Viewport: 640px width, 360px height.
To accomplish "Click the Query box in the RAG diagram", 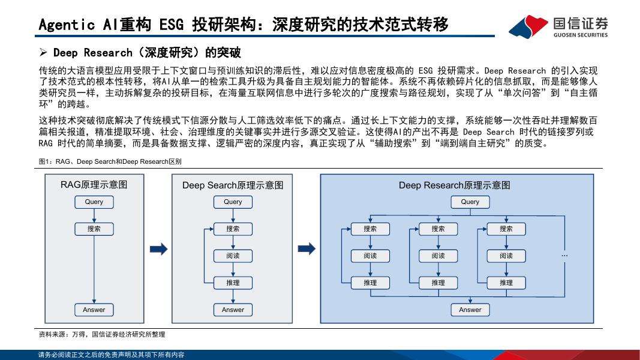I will (94, 202).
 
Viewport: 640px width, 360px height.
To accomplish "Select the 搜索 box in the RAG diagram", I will (94, 229).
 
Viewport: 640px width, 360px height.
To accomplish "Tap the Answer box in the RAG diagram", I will (94, 310).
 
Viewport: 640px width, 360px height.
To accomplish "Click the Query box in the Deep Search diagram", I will (233, 202).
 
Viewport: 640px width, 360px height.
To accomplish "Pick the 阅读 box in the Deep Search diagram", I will (233, 256).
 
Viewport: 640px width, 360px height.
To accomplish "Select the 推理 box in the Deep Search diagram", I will (233, 283).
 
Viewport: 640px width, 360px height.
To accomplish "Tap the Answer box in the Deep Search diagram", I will (233, 310).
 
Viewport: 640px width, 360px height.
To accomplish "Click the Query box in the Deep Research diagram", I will (470, 202).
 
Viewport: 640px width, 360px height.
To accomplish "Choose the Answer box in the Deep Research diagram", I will (470, 310).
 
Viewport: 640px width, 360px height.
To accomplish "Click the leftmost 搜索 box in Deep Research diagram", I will (370, 229).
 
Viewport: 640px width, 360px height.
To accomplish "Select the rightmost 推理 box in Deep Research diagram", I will (506, 283).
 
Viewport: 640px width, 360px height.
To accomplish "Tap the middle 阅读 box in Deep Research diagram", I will (438, 256).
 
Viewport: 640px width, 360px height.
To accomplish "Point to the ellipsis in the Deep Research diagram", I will (564, 256).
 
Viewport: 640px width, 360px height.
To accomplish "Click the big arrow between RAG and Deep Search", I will (159, 248).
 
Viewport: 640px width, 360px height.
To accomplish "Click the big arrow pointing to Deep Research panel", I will (307, 248).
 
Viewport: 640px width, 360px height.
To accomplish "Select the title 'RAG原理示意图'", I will (94, 185).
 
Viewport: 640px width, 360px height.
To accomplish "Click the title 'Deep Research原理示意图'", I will (455, 185).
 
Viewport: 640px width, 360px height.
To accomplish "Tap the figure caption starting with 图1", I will (110, 162).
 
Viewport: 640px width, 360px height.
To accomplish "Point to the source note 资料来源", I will (101, 334).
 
